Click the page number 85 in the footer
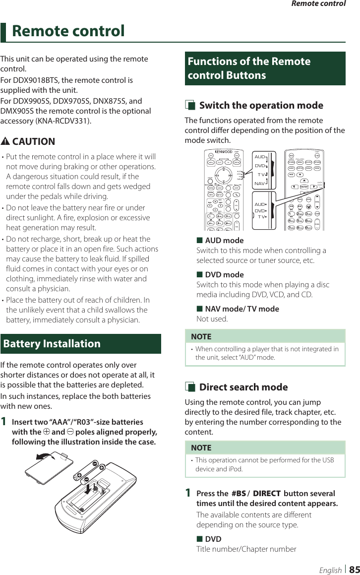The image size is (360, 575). click(354, 570)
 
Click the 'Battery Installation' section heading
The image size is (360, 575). click(52, 343)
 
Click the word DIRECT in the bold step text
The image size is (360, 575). click(266, 493)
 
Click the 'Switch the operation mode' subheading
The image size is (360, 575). click(261, 105)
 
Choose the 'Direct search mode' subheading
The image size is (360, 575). click(243, 387)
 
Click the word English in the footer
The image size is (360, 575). click(330, 570)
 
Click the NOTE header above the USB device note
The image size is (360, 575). click(201, 447)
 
